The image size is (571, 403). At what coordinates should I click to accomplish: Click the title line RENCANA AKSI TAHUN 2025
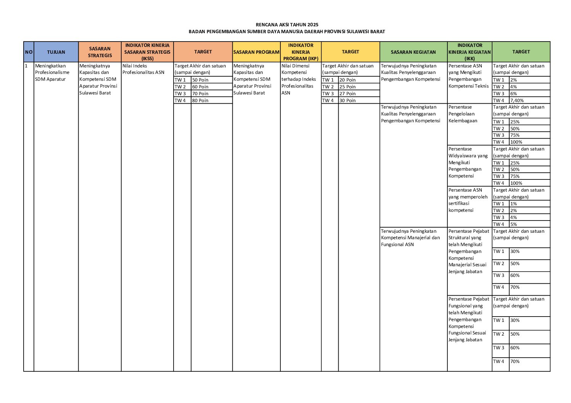coord(287,25)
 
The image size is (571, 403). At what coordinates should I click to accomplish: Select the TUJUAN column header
coord(56,52)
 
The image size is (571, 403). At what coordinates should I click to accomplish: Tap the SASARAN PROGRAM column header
coord(256,52)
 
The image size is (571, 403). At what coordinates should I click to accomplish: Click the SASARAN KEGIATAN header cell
coord(413,52)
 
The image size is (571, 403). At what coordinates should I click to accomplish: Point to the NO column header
coord(29,52)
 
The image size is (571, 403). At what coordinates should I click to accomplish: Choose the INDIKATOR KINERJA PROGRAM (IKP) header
coord(301,52)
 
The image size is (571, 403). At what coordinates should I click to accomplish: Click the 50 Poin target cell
coord(200,80)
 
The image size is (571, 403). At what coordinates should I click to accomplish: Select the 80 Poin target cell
coord(200,101)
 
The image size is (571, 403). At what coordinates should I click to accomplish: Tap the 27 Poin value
coord(347,94)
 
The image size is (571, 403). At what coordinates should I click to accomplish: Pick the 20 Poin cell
coord(347,80)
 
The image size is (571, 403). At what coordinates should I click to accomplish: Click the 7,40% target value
coord(517,101)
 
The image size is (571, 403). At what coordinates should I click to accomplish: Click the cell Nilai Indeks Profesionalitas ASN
coord(143,69)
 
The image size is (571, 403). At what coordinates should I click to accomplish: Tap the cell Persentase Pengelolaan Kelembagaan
coord(463,114)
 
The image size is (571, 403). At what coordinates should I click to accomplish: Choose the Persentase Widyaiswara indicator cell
coord(468,162)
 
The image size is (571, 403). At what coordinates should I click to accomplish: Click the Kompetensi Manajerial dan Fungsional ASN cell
coord(410,238)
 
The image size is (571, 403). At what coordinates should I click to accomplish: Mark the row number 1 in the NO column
coord(26,66)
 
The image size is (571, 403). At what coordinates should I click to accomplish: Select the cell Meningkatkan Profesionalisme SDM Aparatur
coord(52,72)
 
